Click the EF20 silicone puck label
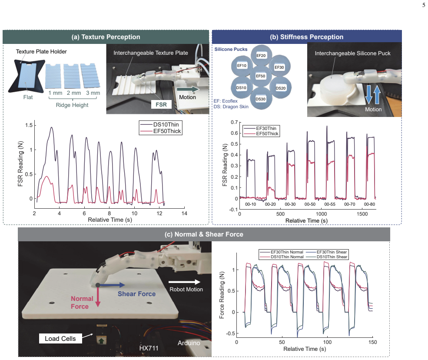pyautogui.click(x=261, y=56)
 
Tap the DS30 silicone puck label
pyautogui.click(x=260, y=99)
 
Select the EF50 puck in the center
pyautogui.click(x=260, y=76)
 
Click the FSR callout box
pyautogui.click(x=161, y=104)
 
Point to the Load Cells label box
pyautogui.click(x=60, y=338)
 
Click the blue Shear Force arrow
pyautogui.click(x=111, y=285)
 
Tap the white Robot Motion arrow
pyautogui.click(x=184, y=282)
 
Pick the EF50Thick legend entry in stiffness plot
pyautogui.click(x=261, y=133)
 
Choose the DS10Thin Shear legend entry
pyautogui.click(x=327, y=257)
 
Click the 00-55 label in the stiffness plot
pyautogui.click(x=330, y=204)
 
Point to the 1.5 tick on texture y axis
pyautogui.click(x=29, y=125)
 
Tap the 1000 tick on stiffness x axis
pyautogui.click(x=321, y=214)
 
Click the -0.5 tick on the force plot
pyautogui.click(x=230, y=333)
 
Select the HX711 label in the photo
pyautogui.click(x=149, y=348)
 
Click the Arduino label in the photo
pyautogui.click(x=189, y=343)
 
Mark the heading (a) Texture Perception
pyautogui.click(x=106, y=37)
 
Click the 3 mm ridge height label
pyautogui.click(x=93, y=93)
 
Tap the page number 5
pyautogui.click(x=424, y=5)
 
